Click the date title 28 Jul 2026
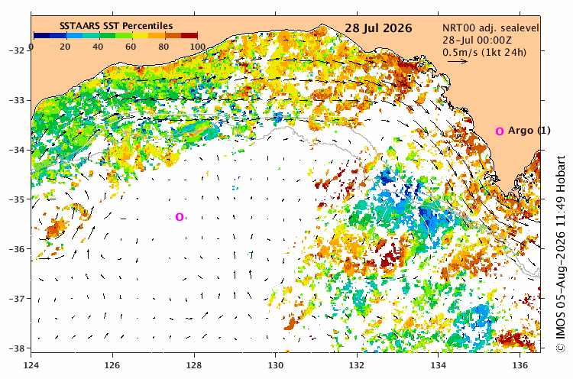(x=378, y=28)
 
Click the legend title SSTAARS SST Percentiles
(x=116, y=26)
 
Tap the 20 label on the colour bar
(x=65, y=47)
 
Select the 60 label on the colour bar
(x=131, y=47)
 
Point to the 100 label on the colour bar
(x=197, y=47)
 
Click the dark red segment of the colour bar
(x=189, y=35)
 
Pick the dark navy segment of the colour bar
(x=42, y=35)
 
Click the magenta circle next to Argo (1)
(x=500, y=131)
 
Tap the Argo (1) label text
(x=529, y=131)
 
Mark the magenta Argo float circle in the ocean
(x=180, y=217)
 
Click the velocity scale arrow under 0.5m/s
(x=458, y=61)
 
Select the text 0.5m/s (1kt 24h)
(x=484, y=52)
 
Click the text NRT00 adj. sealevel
(x=490, y=28)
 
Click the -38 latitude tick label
(x=18, y=348)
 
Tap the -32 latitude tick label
(x=18, y=50)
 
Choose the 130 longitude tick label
(x=275, y=365)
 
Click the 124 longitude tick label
(x=31, y=365)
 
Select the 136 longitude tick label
(x=520, y=365)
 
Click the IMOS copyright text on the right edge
(x=561, y=254)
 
